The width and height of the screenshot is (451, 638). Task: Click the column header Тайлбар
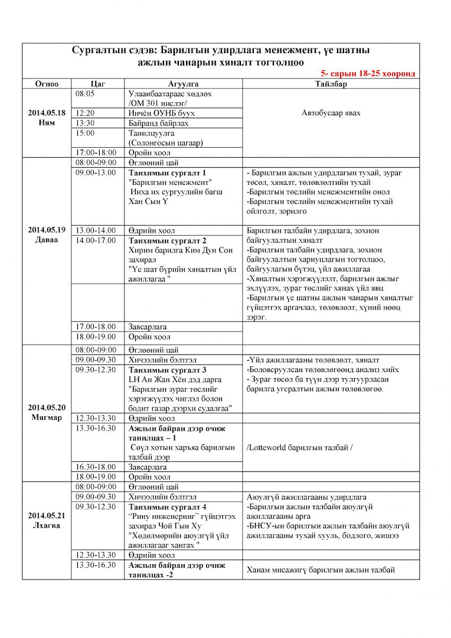[334, 84]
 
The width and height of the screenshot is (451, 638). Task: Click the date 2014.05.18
[47, 113]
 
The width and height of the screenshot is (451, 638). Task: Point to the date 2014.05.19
[47, 230]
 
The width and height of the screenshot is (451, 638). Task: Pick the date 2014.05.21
[47, 515]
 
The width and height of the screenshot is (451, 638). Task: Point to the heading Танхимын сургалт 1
[167, 172]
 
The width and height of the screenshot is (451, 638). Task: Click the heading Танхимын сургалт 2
[167, 240]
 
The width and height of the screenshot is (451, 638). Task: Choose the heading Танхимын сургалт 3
[167, 370]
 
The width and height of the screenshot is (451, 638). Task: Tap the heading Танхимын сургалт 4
[167, 507]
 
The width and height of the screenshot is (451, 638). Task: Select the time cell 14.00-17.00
[96, 240]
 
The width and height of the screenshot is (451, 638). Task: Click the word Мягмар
[47, 418]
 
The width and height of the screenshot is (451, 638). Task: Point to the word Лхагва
[47, 525]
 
